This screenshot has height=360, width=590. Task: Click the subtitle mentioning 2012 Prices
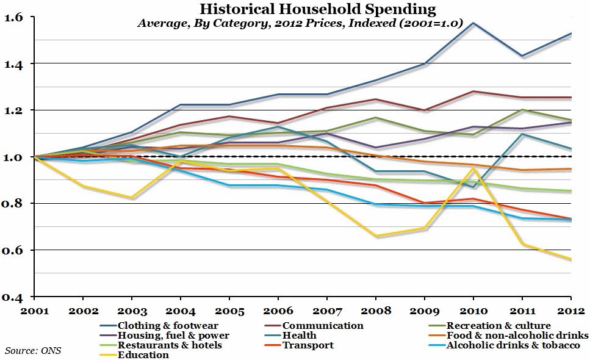pyautogui.click(x=300, y=24)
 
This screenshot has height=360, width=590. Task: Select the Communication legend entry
pyautogui.click(x=322, y=326)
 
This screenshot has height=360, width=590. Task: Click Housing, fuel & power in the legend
pyautogui.click(x=173, y=336)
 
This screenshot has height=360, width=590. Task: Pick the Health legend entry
pyautogui.click(x=299, y=336)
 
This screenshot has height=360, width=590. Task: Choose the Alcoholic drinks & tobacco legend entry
pyautogui.click(x=513, y=345)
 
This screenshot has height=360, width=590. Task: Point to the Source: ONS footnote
pyautogui.click(x=33, y=350)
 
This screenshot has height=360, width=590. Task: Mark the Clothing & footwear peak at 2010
pyautogui.click(x=473, y=23)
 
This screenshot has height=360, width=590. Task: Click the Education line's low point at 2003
pyautogui.click(x=131, y=198)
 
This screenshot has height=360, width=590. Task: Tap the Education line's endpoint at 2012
pyautogui.click(x=571, y=259)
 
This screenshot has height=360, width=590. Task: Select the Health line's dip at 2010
pyautogui.click(x=473, y=187)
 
